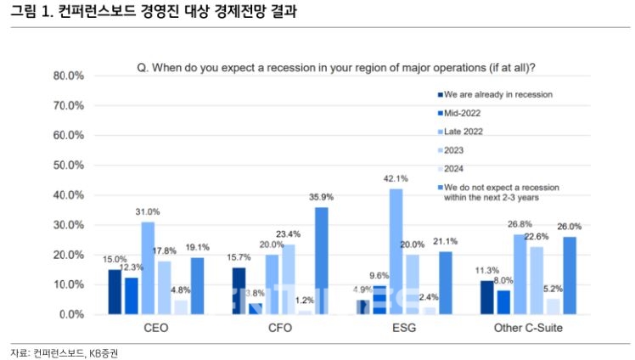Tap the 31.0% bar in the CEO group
click(148, 267)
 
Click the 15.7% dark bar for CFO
click(239, 290)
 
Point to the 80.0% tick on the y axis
click(69, 76)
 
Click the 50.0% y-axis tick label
click(69, 165)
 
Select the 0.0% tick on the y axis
click(71, 314)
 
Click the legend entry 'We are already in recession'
click(497, 93)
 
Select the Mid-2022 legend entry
click(463, 112)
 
